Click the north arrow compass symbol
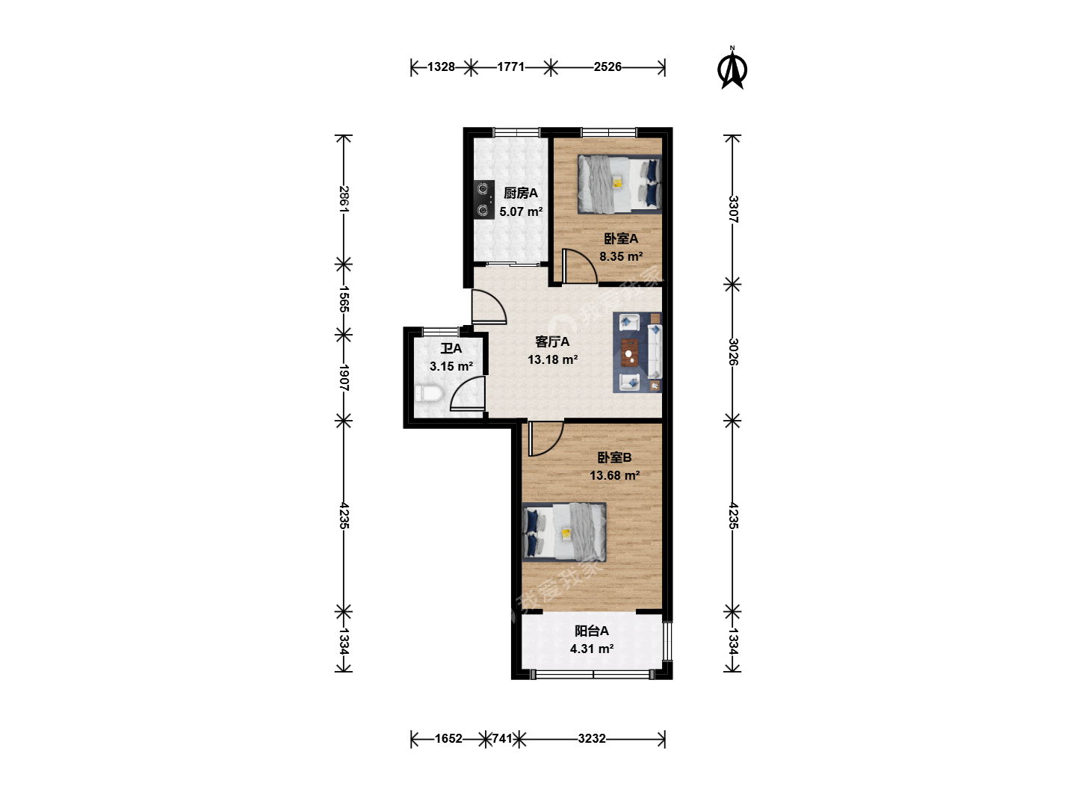732,69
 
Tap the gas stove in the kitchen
483,200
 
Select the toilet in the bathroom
430,394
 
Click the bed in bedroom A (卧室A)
619,185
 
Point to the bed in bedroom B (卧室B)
564,531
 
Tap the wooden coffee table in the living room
630,353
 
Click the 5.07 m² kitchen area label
521,211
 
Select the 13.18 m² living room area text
552,359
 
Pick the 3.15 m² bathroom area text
451,366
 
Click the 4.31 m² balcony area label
592,649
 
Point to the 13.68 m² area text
614,475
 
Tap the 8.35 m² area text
621,256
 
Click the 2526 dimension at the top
607,67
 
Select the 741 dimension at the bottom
502,738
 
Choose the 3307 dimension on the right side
733,209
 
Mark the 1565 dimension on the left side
344,300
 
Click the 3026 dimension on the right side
733,352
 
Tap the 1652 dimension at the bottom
448,738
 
